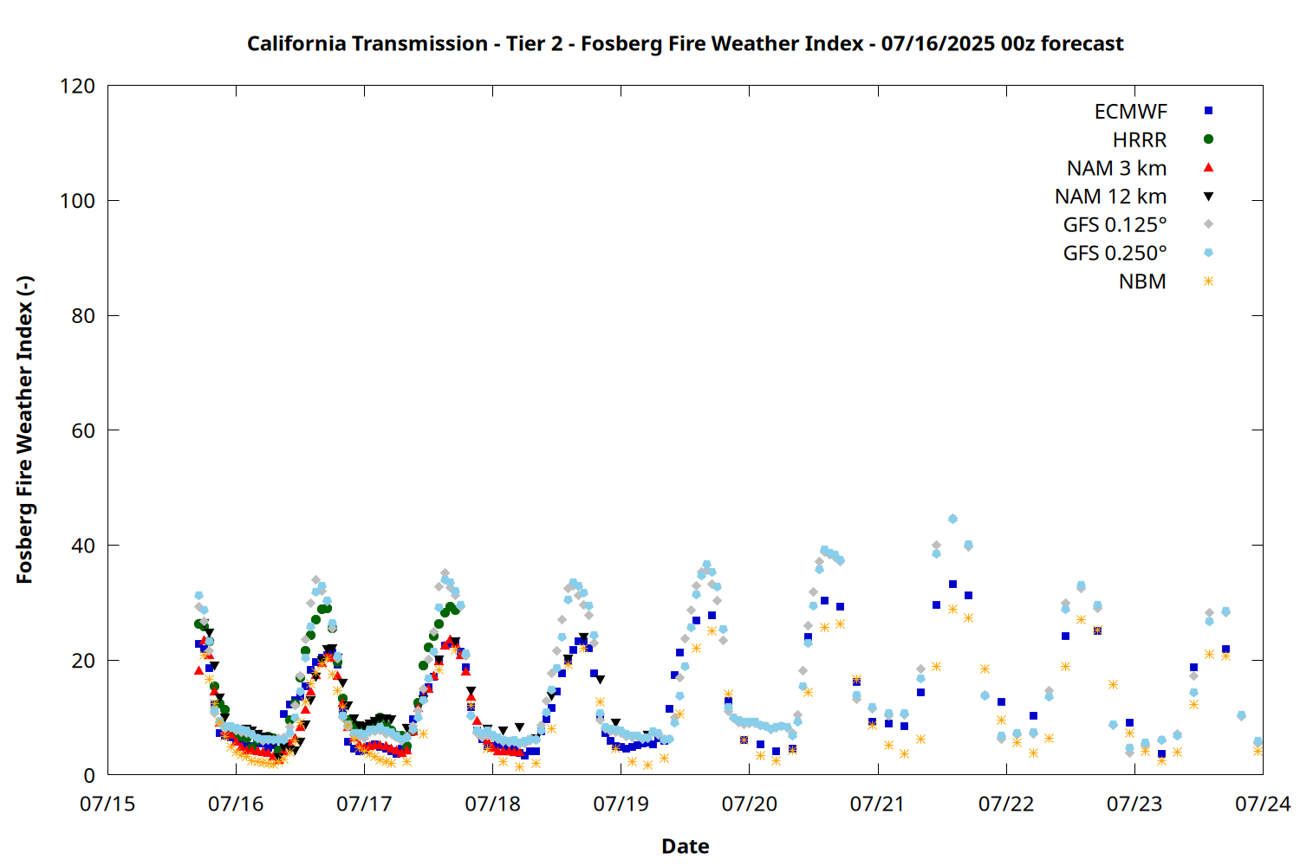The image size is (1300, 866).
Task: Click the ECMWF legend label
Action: (1130, 112)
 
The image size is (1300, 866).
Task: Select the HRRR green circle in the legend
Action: (1208, 139)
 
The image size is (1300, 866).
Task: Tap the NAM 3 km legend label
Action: (1116, 168)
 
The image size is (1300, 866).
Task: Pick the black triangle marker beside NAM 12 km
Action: (1208, 197)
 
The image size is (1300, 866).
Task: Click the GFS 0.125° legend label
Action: (1115, 224)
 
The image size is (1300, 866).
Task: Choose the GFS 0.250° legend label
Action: (1115, 253)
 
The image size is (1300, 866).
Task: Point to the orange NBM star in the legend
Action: (1208, 281)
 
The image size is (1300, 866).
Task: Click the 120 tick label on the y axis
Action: (77, 86)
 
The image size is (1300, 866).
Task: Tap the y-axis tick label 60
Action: (83, 430)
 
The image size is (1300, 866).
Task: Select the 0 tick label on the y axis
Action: (88, 775)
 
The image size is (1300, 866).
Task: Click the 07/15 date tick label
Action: (107, 804)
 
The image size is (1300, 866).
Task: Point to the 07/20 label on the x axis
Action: (750, 804)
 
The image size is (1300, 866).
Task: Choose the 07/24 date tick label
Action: (1263, 804)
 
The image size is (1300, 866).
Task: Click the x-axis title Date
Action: (686, 846)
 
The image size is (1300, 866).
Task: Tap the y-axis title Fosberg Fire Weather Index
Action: (24, 430)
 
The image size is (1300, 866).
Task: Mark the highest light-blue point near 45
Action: (952, 519)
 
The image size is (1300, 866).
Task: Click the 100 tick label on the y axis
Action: (77, 201)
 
